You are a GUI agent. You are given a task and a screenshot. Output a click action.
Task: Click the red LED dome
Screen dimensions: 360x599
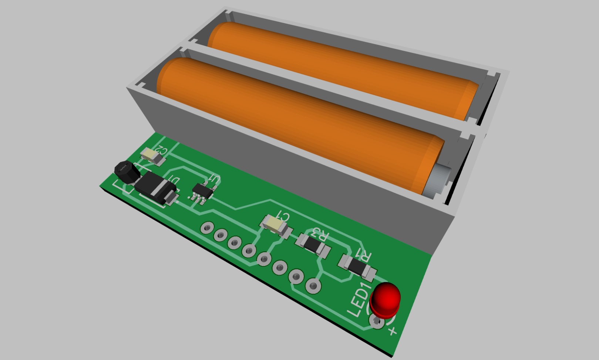pyautogui.click(x=386, y=299)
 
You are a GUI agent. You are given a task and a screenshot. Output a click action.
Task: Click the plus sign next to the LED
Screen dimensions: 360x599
pyautogui.click(x=392, y=330)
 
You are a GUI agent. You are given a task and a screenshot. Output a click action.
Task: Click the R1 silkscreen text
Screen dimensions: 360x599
pyautogui.click(x=363, y=255)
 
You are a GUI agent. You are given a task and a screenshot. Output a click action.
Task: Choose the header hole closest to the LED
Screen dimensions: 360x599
pyautogui.click(x=313, y=286)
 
